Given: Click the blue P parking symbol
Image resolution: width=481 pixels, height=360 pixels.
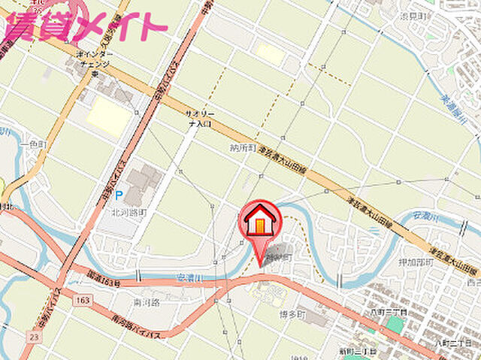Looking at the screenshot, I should click(x=118, y=195).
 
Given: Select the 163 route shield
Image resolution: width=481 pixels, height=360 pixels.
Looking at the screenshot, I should click(x=83, y=300).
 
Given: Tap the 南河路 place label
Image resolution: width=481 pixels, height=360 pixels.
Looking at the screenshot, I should click(x=147, y=302).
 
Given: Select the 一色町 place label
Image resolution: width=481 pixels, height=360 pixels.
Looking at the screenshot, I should click(x=34, y=144).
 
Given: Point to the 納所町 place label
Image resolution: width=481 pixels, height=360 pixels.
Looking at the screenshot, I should click(x=243, y=148).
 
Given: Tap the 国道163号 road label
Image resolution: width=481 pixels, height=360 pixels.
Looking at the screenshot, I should click(x=103, y=278).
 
